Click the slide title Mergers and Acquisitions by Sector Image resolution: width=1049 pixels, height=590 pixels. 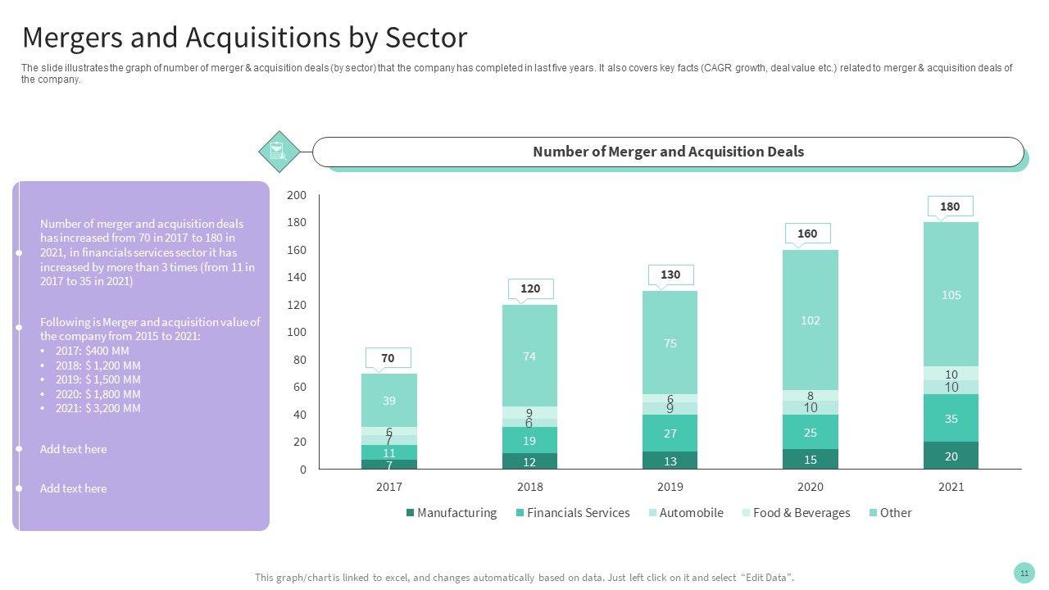(244, 38)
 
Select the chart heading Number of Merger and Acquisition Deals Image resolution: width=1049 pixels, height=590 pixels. (668, 152)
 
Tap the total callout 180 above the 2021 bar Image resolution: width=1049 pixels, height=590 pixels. (950, 206)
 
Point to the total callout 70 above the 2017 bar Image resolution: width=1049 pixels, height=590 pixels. (388, 358)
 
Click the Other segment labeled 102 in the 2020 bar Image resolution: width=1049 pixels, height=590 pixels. (810, 320)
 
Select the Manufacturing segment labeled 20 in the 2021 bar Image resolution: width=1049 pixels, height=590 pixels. (951, 456)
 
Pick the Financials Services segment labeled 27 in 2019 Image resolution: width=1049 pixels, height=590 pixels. (670, 433)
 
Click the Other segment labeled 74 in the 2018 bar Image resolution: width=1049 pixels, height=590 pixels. (529, 356)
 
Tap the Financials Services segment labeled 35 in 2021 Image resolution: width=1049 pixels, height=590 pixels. (951, 419)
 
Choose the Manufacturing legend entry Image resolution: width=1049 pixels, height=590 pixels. (452, 513)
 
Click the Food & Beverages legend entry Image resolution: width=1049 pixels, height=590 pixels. (796, 513)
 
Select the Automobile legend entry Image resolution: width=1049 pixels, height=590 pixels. (686, 513)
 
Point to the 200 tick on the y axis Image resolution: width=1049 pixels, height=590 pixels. (297, 195)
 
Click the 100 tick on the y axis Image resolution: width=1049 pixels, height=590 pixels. (297, 332)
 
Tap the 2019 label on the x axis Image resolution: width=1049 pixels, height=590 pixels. (670, 487)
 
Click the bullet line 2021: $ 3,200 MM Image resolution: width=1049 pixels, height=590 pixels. (98, 408)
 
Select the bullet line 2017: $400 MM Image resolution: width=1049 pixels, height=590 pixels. (92, 351)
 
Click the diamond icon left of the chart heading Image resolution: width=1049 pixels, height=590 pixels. (278, 152)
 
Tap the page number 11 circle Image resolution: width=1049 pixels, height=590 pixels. (1024, 573)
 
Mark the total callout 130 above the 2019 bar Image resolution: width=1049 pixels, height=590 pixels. (670, 275)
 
